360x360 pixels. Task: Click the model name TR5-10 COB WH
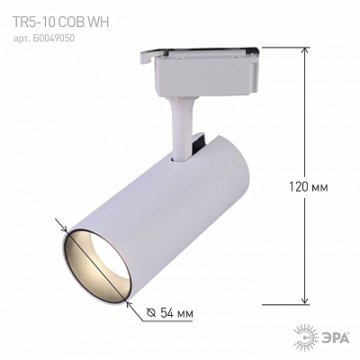60,22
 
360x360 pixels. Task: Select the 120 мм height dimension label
308,187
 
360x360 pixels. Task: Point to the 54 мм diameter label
175,313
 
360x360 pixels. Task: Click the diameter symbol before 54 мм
151,313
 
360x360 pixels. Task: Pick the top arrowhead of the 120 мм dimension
305,51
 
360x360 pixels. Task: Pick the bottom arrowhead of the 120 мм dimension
305,301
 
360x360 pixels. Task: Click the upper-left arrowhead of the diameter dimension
65,228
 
